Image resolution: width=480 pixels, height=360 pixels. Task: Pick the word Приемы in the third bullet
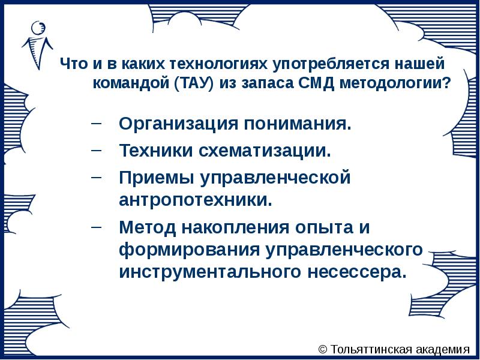coord(151,178)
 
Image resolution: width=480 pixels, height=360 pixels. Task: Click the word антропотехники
coord(196,199)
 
